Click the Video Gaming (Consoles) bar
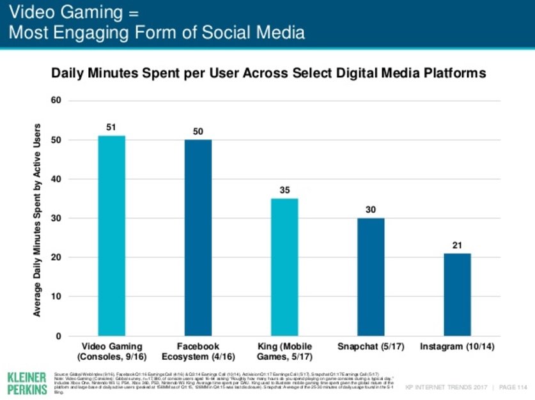point(111,236)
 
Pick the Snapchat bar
point(371,277)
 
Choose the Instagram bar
point(457,295)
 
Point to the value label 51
point(111,128)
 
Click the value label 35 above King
point(284,190)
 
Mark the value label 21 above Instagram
point(457,245)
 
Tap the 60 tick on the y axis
point(56,101)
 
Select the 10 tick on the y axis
point(56,297)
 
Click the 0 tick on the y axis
point(58,336)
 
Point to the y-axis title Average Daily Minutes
point(37,217)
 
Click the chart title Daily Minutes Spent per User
point(268,73)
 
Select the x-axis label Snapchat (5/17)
point(371,346)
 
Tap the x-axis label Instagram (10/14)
point(457,346)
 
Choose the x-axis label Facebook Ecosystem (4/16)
point(198,351)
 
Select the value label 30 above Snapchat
point(371,210)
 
